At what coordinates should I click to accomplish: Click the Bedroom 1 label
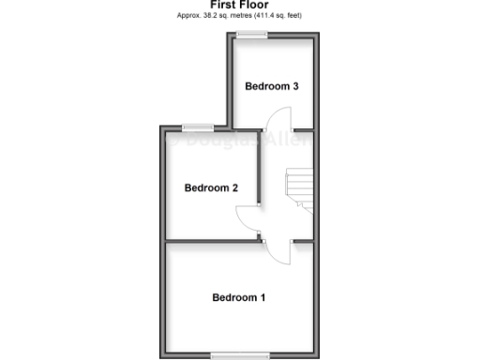(x=239, y=298)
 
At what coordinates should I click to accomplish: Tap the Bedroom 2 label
(x=211, y=187)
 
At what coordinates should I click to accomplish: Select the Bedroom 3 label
(x=272, y=86)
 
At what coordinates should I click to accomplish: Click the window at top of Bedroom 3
(x=251, y=35)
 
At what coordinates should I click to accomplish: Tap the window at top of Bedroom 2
(x=197, y=127)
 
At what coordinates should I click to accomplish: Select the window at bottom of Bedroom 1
(x=238, y=353)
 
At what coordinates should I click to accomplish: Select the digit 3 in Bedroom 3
(x=295, y=86)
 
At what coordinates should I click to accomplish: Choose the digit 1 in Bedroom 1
(x=262, y=298)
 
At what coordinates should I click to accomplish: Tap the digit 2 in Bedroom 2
(x=234, y=187)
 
